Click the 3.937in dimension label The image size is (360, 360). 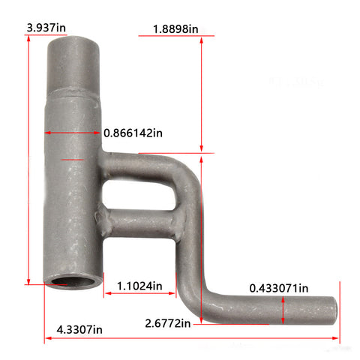(46, 28)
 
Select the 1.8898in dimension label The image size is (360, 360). (175, 29)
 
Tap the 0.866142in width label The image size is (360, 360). (133, 133)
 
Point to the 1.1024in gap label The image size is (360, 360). (139, 286)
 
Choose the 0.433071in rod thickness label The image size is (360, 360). (279, 288)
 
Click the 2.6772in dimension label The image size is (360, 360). (168, 323)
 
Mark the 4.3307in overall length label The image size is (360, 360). (79, 330)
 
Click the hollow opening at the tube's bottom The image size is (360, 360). (73, 282)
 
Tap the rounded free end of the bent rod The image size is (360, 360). (333, 310)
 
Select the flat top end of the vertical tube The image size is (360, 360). (73, 40)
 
